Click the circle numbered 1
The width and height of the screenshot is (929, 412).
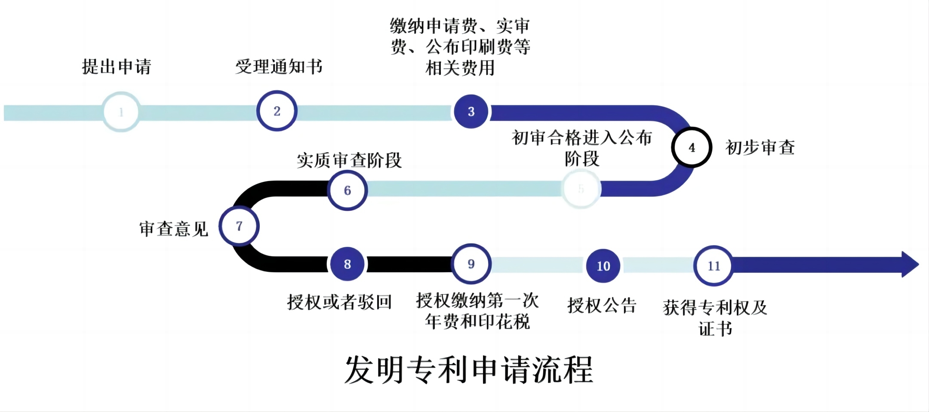pyautogui.click(x=121, y=112)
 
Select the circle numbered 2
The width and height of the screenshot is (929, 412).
pyautogui.click(x=277, y=111)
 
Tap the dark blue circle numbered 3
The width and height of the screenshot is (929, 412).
pyautogui.click(x=471, y=111)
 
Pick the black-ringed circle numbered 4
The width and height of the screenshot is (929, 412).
pyautogui.click(x=692, y=148)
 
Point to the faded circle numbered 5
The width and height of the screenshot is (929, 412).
pyautogui.click(x=581, y=189)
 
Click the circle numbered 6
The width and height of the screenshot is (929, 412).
pyautogui.click(x=348, y=190)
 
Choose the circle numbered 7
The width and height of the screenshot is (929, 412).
pyautogui.click(x=239, y=226)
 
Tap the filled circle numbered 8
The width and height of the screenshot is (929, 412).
pyautogui.click(x=348, y=264)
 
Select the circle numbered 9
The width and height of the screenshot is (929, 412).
pyautogui.click(x=471, y=264)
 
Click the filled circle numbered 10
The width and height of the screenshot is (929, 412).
pyautogui.click(x=603, y=266)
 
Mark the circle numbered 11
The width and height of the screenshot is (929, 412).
pyautogui.click(x=714, y=266)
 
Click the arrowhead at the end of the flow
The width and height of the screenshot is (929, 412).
pyautogui.click(x=909, y=264)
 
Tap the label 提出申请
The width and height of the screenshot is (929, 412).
pyautogui.click(x=117, y=67)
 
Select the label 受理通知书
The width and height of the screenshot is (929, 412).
pyautogui.click(x=279, y=67)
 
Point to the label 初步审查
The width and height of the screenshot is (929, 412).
pyautogui.click(x=760, y=148)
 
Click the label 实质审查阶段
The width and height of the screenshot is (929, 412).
pyautogui.click(x=349, y=160)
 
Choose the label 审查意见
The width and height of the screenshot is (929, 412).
pyautogui.click(x=174, y=229)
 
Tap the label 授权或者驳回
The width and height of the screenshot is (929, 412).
pyautogui.click(x=339, y=302)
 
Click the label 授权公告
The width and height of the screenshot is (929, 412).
pyautogui.click(x=602, y=305)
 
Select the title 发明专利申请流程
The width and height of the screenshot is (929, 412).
pyautogui.click(x=469, y=370)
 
